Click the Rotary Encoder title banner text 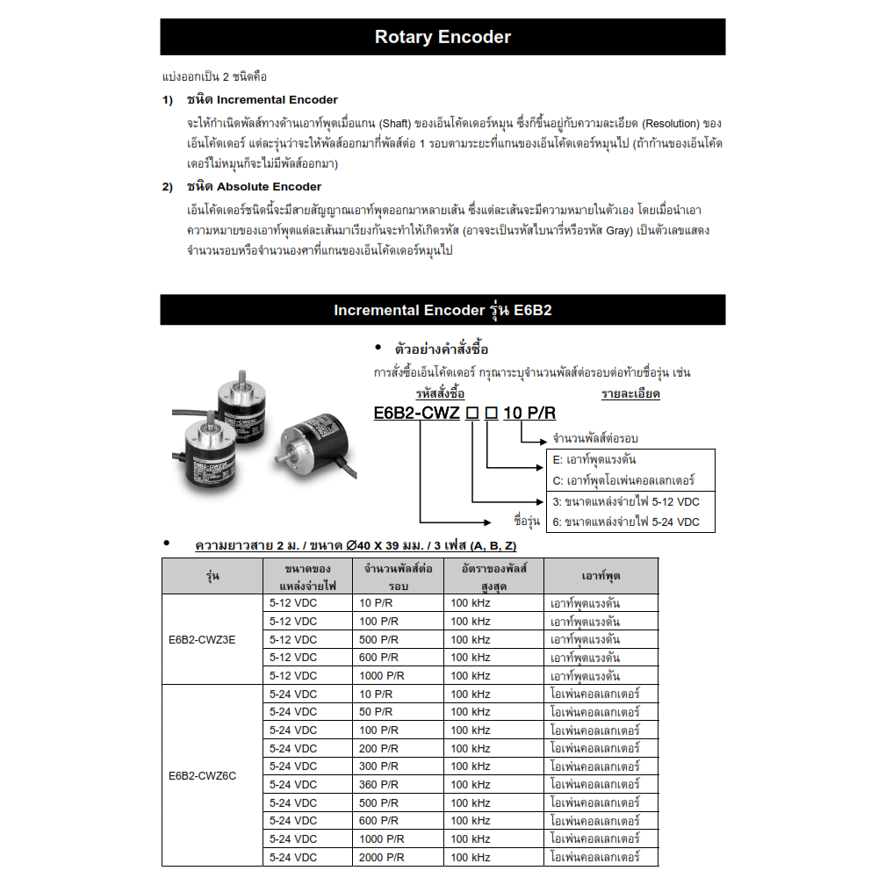click(442, 37)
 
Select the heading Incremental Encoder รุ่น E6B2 click(442, 311)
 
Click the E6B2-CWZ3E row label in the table click(202, 639)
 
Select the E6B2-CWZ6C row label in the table click(202, 776)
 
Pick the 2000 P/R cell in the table click(382, 857)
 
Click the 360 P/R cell click(378, 785)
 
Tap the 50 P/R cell click(376, 712)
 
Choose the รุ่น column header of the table click(212, 576)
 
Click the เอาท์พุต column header click(601, 576)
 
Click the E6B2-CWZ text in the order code click(416, 414)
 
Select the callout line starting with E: click(607, 460)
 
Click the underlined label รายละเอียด click(630, 394)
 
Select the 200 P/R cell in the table click(378, 749)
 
